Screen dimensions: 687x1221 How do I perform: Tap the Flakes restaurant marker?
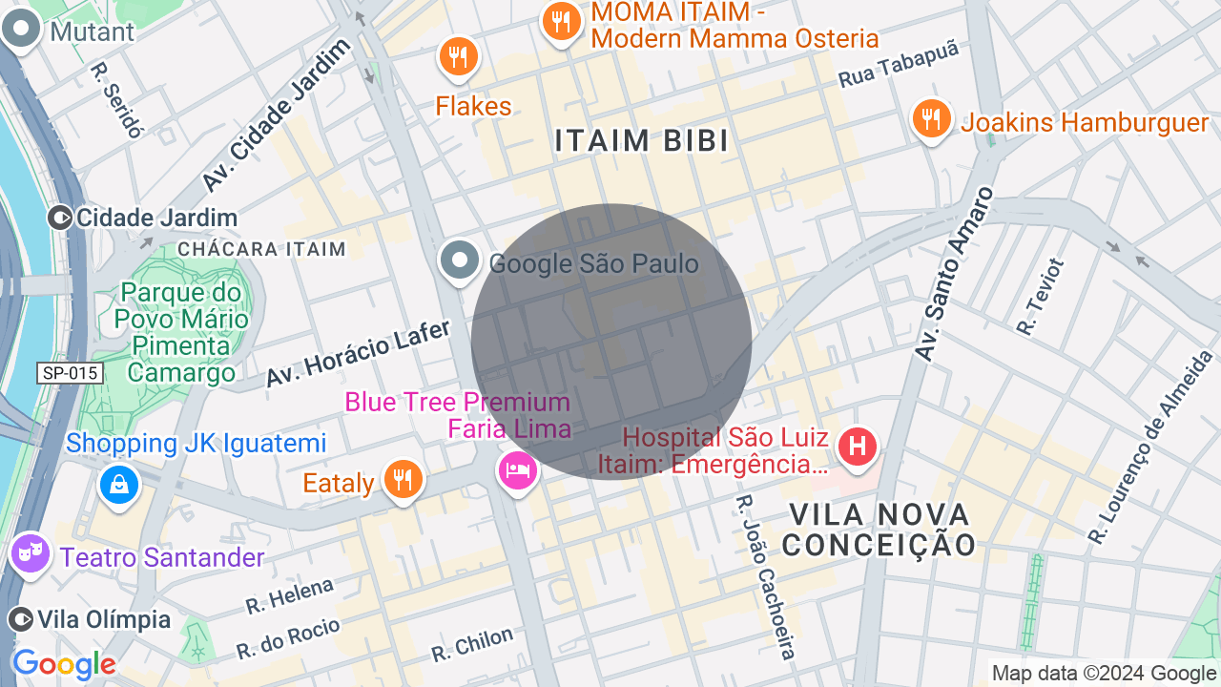pos(459,54)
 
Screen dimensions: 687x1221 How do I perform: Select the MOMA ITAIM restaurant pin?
pos(562,21)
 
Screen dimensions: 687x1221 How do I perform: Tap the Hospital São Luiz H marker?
pos(857,446)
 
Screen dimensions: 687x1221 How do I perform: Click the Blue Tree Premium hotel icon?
pos(517,469)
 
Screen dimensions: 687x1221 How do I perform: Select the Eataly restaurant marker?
pos(403,478)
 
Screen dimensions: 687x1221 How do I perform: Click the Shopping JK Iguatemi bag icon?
pos(119,484)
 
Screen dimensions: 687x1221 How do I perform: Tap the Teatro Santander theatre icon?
pos(30,552)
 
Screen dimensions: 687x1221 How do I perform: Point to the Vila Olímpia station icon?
pos(20,619)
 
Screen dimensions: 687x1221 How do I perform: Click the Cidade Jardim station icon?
pos(60,218)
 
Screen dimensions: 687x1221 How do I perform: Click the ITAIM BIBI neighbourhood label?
pos(642,141)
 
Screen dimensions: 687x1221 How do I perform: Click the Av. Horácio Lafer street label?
pos(358,353)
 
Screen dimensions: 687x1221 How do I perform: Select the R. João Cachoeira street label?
pos(766,576)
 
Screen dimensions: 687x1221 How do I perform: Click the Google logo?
pos(64,664)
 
